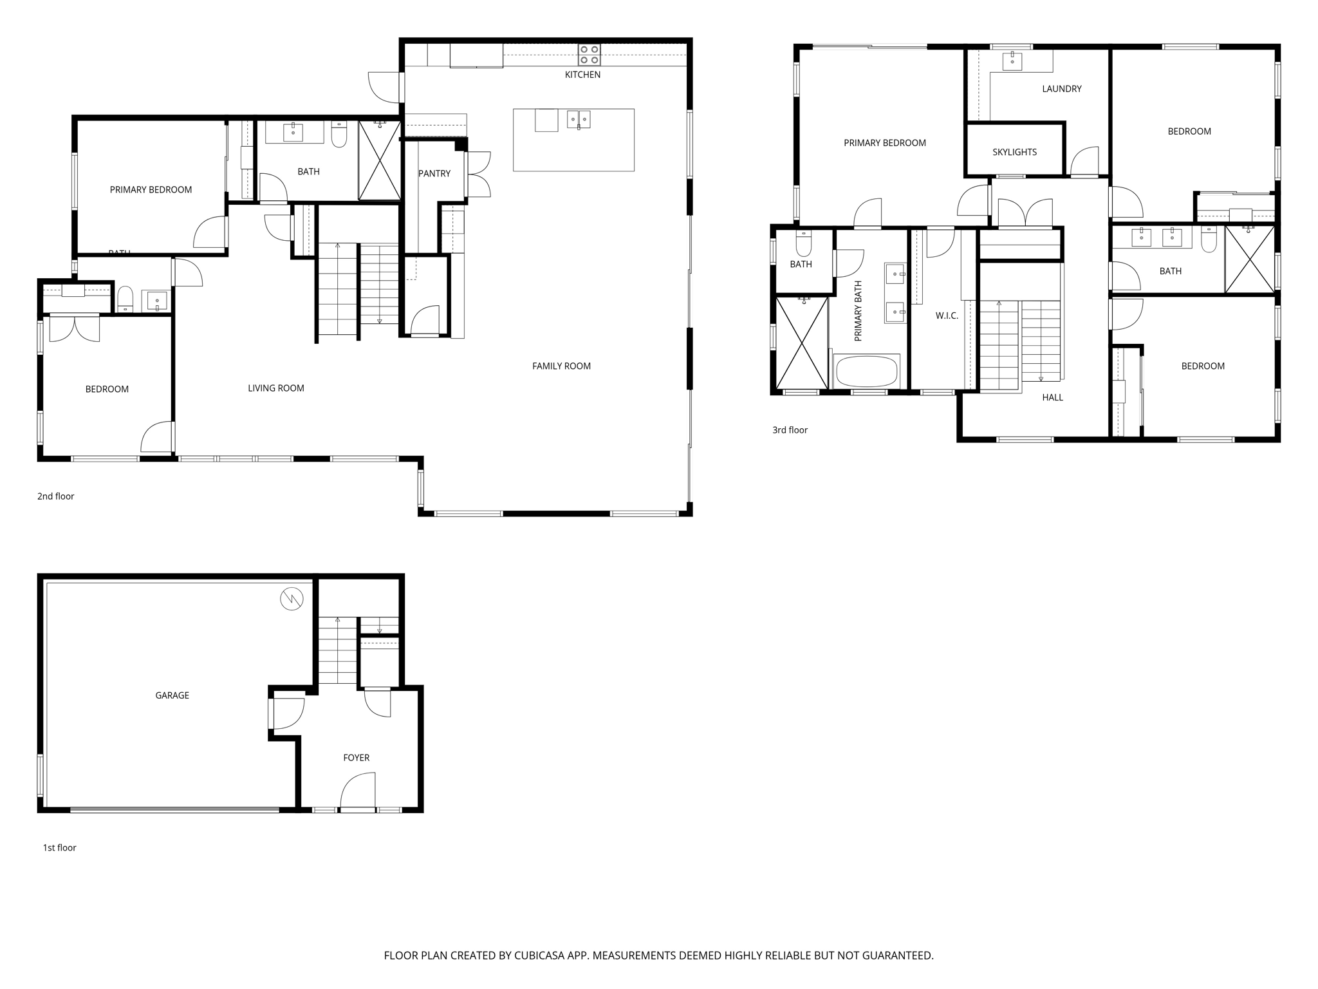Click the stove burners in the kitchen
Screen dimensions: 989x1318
point(589,55)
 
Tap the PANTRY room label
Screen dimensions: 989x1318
point(434,173)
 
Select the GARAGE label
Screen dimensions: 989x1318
point(172,695)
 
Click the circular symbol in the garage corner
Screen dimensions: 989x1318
point(292,599)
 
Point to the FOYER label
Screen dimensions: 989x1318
point(356,758)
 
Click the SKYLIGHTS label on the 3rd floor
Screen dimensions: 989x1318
point(1014,152)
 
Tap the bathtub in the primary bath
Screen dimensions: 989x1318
point(866,372)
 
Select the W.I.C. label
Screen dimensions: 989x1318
point(947,316)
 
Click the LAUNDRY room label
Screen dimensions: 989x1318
point(1061,89)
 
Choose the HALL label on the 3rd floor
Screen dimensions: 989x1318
point(1052,397)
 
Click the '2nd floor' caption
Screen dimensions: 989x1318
point(56,496)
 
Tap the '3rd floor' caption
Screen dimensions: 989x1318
point(790,430)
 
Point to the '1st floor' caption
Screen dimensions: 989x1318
point(59,848)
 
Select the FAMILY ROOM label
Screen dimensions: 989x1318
point(561,366)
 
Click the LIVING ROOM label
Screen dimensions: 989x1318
point(275,388)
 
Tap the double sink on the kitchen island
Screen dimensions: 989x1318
point(579,119)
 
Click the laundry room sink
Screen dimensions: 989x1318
point(1012,61)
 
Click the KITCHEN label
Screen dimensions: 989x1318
point(582,75)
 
